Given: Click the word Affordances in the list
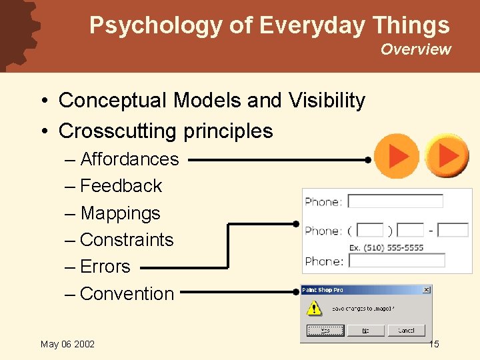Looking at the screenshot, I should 129,159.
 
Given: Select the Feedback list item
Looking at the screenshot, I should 121,186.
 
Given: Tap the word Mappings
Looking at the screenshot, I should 120,213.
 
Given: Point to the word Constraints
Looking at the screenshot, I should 126,240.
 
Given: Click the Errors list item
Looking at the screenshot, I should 105,267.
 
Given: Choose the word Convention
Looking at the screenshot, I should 127,294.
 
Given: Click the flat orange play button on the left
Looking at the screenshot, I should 397,156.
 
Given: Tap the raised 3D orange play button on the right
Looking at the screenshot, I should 447,155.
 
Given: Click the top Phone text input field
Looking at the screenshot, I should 395,201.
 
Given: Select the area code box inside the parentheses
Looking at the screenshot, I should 370,230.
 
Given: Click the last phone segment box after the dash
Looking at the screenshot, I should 453,230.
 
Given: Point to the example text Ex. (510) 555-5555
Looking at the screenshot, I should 386,247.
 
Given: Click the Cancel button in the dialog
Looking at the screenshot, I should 406,330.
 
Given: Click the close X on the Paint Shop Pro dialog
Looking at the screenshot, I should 427,290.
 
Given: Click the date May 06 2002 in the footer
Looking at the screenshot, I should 67,344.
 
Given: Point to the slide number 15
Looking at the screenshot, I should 433,344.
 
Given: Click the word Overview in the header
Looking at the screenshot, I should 415,49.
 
